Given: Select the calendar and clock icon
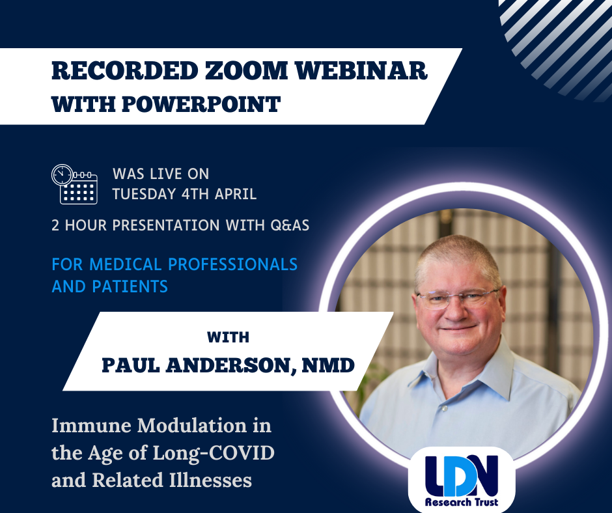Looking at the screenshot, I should pyautogui.click(x=74, y=184).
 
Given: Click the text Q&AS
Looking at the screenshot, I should pyautogui.click(x=286, y=225).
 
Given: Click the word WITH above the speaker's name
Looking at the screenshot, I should pyautogui.click(x=228, y=338).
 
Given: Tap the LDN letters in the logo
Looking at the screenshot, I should pyautogui.click(x=461, y=475).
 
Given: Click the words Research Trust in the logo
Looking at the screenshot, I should pyautogui.click(x=461, y=502).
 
